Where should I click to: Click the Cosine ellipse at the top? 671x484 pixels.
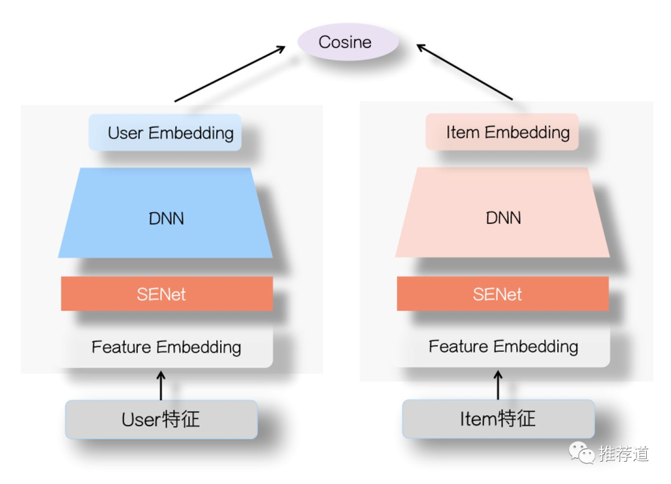347,42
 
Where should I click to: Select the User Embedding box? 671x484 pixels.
165,132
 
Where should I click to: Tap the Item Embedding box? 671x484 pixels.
502,132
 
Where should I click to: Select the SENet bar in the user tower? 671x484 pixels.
167,294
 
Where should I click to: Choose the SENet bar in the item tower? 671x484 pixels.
503,294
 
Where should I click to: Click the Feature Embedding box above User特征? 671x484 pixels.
166,347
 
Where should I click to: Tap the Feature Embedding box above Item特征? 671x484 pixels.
503,346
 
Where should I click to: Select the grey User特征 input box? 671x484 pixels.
162,419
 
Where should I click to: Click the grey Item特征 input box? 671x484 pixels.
498,419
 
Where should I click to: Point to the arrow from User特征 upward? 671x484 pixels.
161,385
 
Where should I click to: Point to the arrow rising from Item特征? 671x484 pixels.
498,385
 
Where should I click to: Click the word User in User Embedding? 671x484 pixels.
126,133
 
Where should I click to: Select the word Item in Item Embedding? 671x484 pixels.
462,132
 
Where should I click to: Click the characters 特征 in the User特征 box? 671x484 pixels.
181,419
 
